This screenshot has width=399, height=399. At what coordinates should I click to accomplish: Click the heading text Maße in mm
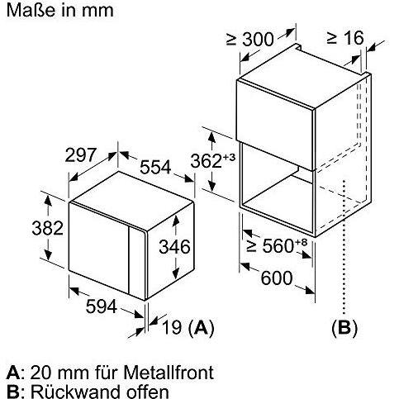[x=59, y=11]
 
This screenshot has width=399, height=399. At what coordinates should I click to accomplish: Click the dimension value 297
[x=81, y=154]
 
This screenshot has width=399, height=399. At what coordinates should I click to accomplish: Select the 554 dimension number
[x=155, y=167]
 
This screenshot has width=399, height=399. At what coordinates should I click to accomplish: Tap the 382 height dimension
[x=47, y=228]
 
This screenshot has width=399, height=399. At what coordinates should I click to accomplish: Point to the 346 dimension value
[x=174, y=246]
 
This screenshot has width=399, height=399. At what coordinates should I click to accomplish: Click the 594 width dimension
[x=102, y=306]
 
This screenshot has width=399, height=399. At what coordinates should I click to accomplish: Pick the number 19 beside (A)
[x=172, y=327]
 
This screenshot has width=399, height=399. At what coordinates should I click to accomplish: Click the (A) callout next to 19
[x=202, y=328]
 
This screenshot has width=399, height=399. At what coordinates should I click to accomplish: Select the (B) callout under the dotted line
[x=344, y=328]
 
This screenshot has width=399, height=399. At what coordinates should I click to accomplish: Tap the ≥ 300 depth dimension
[x=250, y=40]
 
